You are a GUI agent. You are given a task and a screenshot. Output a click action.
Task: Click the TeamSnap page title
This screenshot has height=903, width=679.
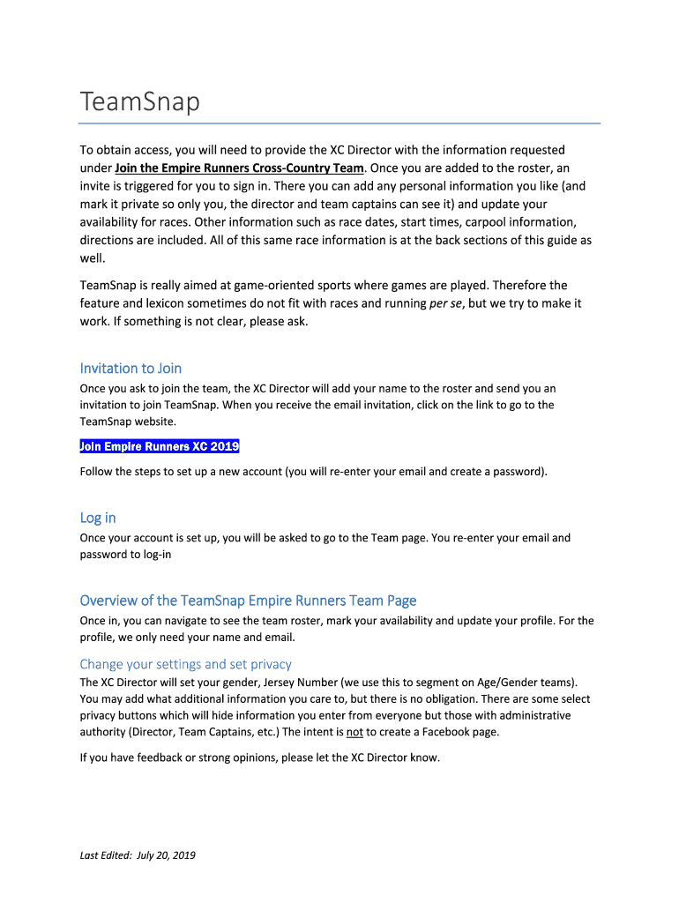pyautogui.click(x=140, y=103)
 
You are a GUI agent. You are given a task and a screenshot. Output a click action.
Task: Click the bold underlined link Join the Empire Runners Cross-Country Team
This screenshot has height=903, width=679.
pyautogui.click(x=239, y=168)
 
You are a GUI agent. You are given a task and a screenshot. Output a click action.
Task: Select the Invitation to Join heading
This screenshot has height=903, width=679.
pyautogui.click(x=131, y=368)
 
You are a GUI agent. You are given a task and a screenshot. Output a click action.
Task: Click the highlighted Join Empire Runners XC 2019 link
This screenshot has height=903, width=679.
pyautogui.click(x=160, y=446)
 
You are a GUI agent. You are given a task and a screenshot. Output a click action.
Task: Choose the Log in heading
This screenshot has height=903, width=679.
pyautogui.click(x=98, y=517)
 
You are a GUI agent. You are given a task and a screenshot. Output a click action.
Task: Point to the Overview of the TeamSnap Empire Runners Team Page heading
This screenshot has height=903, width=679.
pyautogui.click(x=248, y=601)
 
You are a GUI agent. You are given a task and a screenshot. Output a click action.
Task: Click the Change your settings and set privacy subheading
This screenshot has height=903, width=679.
pyautogui.click(x=185, y=664)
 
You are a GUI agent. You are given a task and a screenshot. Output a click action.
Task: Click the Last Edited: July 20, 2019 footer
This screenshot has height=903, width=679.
pyautogui.click(x=138, y=854)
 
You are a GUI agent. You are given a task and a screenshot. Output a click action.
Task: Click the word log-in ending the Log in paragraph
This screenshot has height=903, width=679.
pyautogui.click(x=156, y=555)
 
